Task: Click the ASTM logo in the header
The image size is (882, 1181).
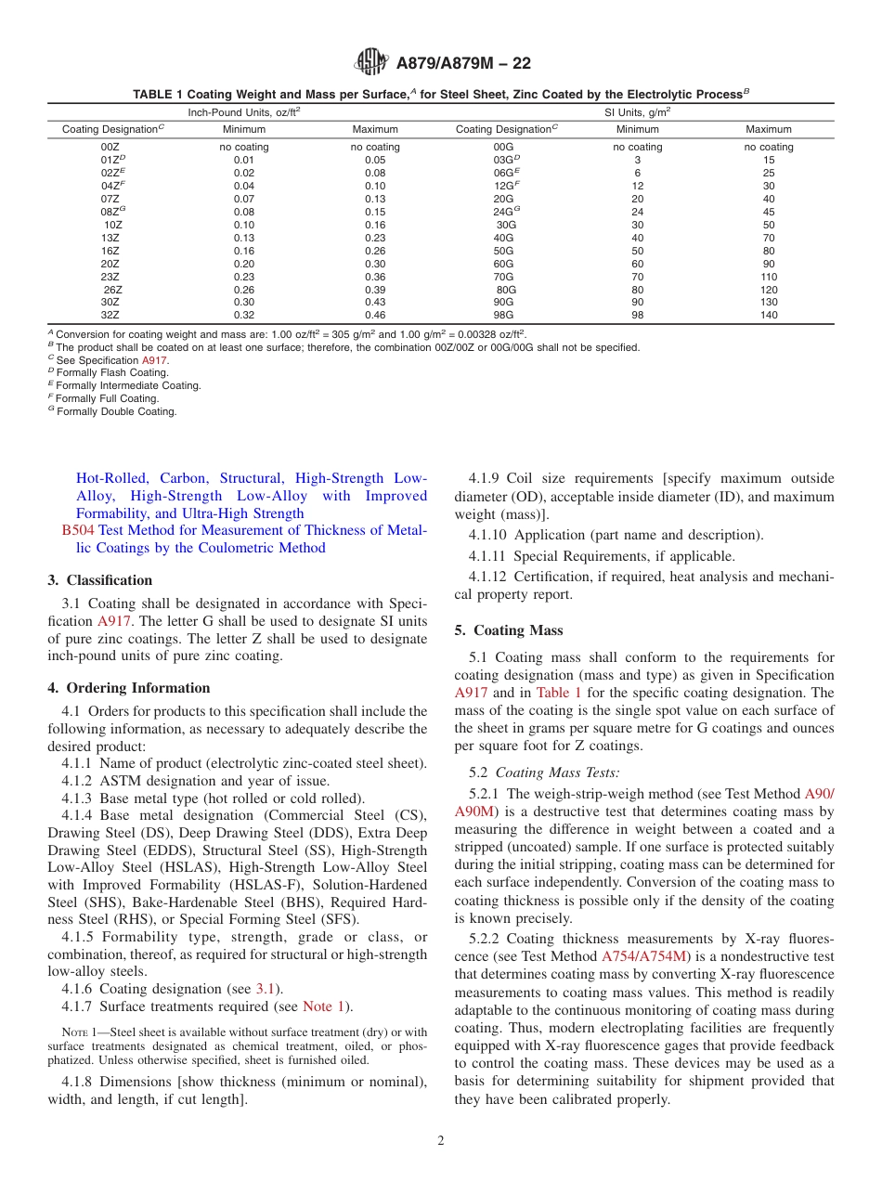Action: (371, 63)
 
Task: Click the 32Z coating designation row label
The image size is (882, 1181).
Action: (110, 316)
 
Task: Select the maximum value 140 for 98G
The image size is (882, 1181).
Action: (768, 316)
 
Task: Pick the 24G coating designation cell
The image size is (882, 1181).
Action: (504, 213)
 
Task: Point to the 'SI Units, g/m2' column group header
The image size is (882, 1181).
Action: (637, 111)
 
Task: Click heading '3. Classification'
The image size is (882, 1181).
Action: (100, 581)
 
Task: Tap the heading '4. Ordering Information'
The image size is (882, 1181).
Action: (128, 689)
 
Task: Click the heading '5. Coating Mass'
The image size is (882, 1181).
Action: (509, 631)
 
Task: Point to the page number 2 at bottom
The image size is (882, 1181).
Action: (441, 1142)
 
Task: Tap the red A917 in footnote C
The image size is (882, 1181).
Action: (154, 361)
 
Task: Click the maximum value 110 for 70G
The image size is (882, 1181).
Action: (768, 278)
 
